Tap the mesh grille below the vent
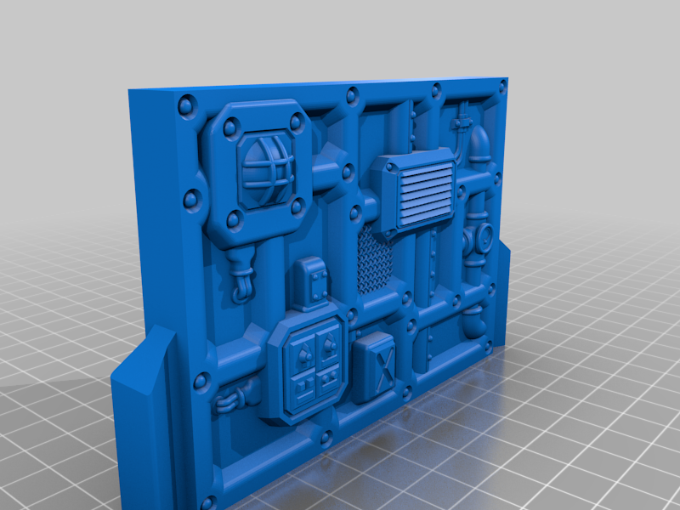pos(373,260)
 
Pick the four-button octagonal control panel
pos(308,366)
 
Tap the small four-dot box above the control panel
pos(313,284)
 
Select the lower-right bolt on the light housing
pos(297,206)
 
